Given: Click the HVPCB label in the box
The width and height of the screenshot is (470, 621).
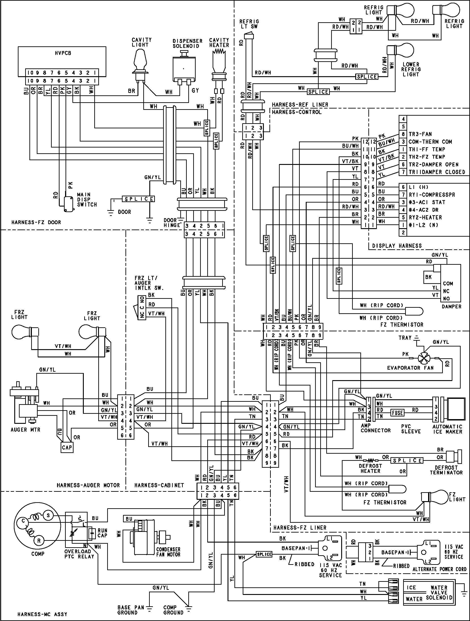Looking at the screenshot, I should [x=63, y=53].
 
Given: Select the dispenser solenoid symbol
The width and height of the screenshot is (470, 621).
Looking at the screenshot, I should [x=184, y=67].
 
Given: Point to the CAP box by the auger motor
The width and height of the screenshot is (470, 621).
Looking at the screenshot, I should [x=67, y=447].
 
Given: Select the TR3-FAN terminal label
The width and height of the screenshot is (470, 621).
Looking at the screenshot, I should [x=420, y=134].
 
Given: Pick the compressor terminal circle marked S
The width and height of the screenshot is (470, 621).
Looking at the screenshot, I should [x=48, y=515].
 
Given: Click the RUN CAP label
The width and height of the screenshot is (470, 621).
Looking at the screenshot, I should [x=102, y=533].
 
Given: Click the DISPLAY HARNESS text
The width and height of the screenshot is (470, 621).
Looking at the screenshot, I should [x=397, y=246].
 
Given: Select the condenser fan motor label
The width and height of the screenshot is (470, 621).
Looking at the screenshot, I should [x=168, y=552].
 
